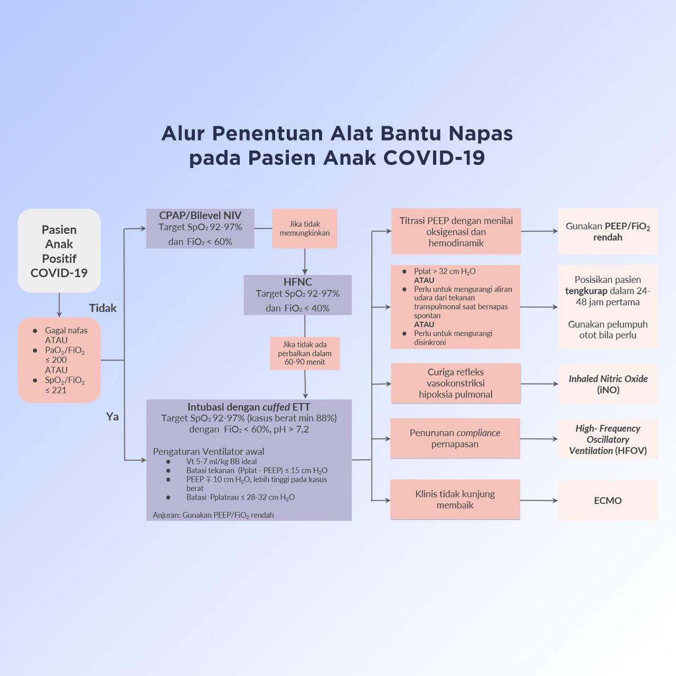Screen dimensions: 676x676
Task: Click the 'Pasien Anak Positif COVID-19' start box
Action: tap(59, 251)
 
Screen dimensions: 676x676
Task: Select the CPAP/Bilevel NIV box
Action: tap(200, 228)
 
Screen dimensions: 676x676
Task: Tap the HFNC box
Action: tap(297, 295)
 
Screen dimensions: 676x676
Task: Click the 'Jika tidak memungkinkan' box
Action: tap(305, 229)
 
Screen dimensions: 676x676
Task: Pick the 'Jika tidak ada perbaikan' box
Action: tap(305, 353)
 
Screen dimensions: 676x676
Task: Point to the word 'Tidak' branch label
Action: tap(102, 308)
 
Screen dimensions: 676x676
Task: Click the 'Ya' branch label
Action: tap(112, 417)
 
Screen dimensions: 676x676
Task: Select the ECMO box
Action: tap(607, 501)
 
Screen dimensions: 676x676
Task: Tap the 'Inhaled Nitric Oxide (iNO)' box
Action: tap(608, 384)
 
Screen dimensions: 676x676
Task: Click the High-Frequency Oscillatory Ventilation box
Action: tap(608, 439)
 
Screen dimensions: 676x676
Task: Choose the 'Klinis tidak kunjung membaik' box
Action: tap(455, 500)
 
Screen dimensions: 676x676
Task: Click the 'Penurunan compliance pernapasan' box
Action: tap(455, 438)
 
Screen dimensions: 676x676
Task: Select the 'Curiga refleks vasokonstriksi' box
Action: tap(455, 383)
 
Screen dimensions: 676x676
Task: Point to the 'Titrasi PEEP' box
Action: tap(456, 232)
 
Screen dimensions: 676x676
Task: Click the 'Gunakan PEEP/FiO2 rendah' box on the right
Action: tap(608, 231)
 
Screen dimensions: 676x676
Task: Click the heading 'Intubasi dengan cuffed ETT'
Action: tap(249, 407)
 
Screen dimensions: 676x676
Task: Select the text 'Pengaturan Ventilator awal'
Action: tap(209, 452)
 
